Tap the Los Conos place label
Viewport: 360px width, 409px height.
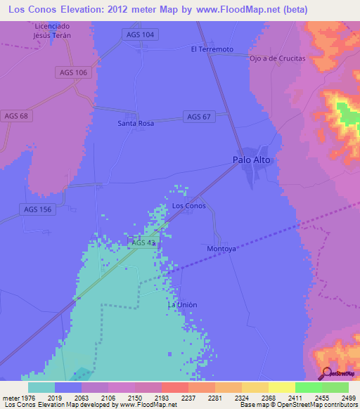[x=189, y=206]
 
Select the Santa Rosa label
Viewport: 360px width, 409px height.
[x=135, y=123]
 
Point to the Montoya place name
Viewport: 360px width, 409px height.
[x=221, y=249]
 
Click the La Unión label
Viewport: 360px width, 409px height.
[x=182, y=304]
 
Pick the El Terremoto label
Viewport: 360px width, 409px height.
[x=212, y=49]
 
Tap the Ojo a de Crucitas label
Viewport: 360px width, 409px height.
[x=278, y=58]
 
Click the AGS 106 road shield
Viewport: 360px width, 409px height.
[x=72, y=72]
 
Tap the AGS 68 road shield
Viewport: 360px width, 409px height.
[x=16, y=115]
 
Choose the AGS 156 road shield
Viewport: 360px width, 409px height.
[x=37, y=209]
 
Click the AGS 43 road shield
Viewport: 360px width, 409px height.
[x=143, y=242]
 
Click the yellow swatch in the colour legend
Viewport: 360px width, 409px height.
[x=281, y=387]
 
